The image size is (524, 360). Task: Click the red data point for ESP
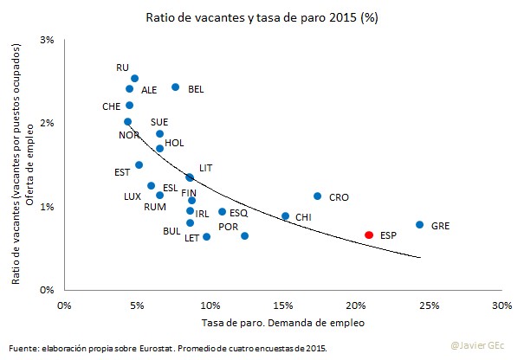[369, 235]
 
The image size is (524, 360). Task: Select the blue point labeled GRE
[419, 225]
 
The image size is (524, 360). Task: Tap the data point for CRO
[317, 196]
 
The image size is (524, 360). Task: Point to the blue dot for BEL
[175, 87]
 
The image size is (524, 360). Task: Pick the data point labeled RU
[134, 79]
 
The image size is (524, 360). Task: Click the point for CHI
[285, 216]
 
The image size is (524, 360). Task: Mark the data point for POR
[244, 235]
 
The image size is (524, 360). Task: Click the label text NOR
[129, 135]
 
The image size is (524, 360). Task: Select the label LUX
[132, 196]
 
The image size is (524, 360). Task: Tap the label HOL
[173, 143]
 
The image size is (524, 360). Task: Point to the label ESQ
[238, 212]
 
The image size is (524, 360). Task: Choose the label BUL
[171, 231]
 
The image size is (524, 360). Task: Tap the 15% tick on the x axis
[282, 305]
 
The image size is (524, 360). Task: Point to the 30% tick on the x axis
[501, 305]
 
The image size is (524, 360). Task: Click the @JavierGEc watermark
[484, 345]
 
